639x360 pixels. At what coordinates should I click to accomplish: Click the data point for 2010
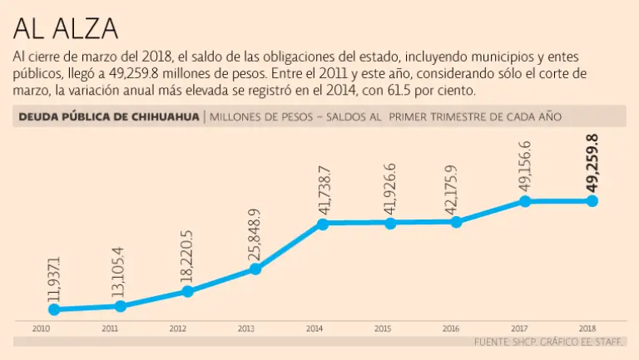tap(55, 309)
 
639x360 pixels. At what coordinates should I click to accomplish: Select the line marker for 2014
tap(322, 224)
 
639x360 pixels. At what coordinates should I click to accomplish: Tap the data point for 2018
tap(592, 200)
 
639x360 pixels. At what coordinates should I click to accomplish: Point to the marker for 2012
tap(188, 291)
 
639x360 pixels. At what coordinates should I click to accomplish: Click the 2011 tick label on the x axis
tap(109, 329)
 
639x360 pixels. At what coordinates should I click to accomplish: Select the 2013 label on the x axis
tap(245, 329)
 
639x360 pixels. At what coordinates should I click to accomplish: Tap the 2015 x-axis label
tap(383, 329)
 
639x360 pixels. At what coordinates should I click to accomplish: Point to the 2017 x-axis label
tap(520, 329)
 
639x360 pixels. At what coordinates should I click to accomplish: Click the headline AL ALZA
tap(65, 28)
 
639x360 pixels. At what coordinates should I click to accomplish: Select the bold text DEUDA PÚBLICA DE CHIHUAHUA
tap(109, 117)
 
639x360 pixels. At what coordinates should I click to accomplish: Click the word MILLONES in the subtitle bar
tap(239, 117)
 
